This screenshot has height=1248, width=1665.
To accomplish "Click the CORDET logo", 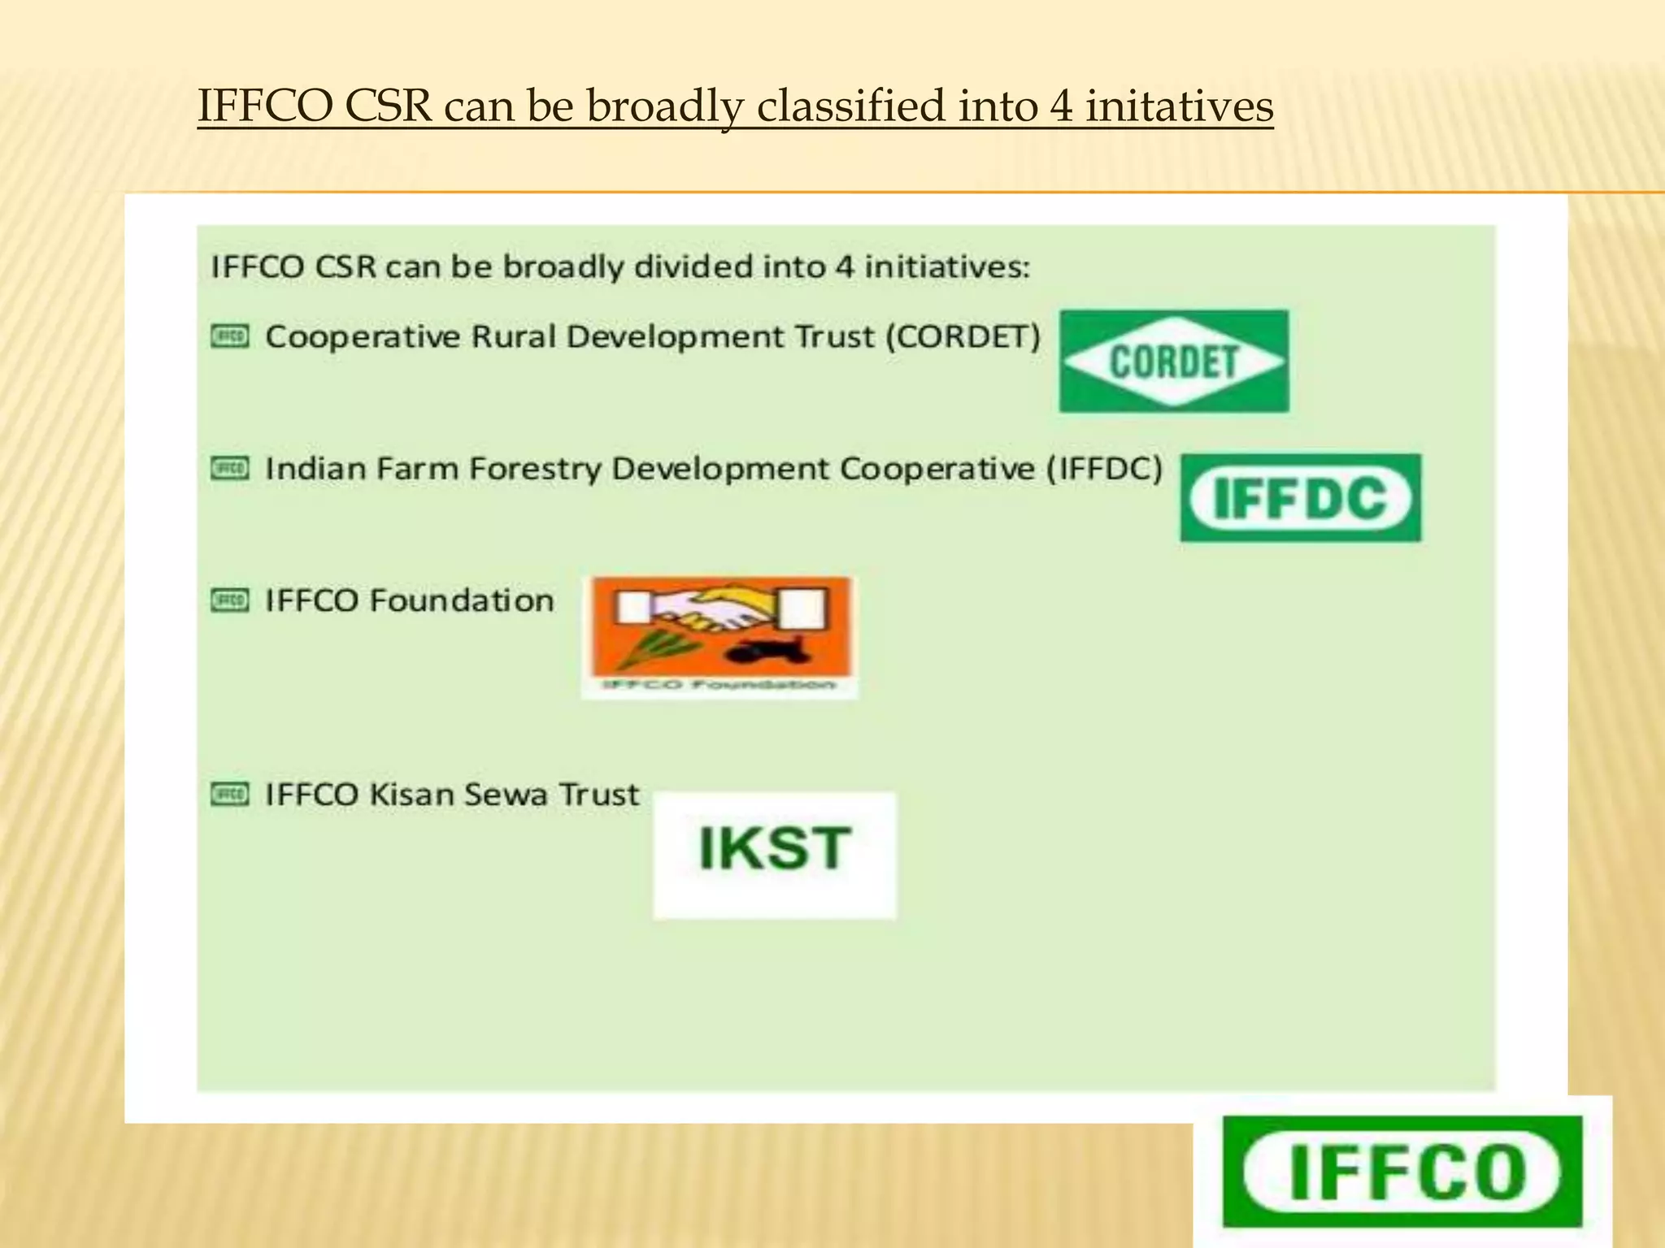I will pos(1174,361).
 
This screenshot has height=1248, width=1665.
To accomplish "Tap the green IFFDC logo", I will pos(1301,497).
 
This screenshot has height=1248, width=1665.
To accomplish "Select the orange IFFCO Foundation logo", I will pos(719,635).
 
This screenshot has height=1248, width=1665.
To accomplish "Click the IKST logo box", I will pos(774,855).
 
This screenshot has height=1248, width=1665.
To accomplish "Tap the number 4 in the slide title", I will pos(1060,106).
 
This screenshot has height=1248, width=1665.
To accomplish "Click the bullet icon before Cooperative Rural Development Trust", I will pos(230,336).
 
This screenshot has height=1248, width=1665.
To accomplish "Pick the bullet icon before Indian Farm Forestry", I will pos(230,469).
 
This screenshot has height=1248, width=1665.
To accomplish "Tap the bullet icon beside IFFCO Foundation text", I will pos(230,600).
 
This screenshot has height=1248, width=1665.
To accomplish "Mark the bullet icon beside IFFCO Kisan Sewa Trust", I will pos(230,794).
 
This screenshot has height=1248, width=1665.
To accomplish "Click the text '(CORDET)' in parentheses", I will pos(963,336).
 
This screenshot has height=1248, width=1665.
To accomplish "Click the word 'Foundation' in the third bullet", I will pos(461,600).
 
